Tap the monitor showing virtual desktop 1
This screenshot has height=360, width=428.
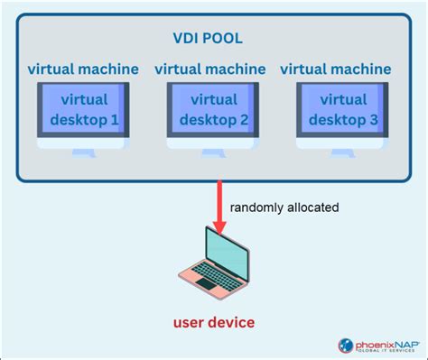83,112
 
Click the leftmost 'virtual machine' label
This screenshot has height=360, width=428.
83,69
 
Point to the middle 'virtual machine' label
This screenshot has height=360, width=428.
210,69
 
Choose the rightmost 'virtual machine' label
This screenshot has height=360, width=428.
336,69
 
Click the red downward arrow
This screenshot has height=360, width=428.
217,200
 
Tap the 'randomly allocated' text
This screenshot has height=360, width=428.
284,208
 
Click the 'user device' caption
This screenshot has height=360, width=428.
214,322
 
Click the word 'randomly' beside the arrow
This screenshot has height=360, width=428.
256,208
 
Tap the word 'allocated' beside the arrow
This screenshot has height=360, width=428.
312,208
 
